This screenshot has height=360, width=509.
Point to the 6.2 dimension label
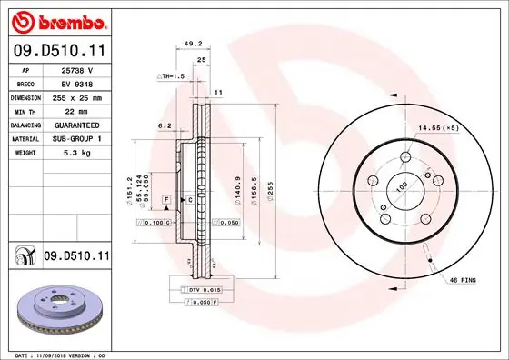[165, 126]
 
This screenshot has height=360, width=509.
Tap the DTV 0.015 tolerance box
[201, 288]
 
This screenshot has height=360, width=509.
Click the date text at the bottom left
[58, 354]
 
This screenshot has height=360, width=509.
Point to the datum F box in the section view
[166, 198]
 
